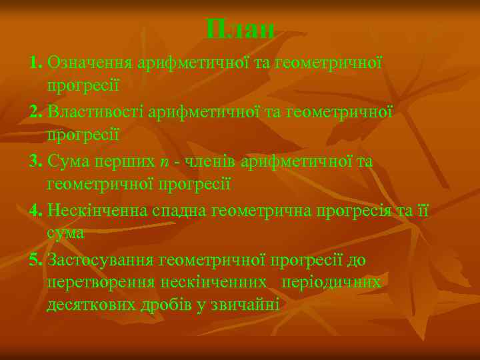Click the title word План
click(240, 29)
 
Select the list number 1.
click(36, 63)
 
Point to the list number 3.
click(36, 161)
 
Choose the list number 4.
click(36, 211)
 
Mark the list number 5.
click(36, 260)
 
